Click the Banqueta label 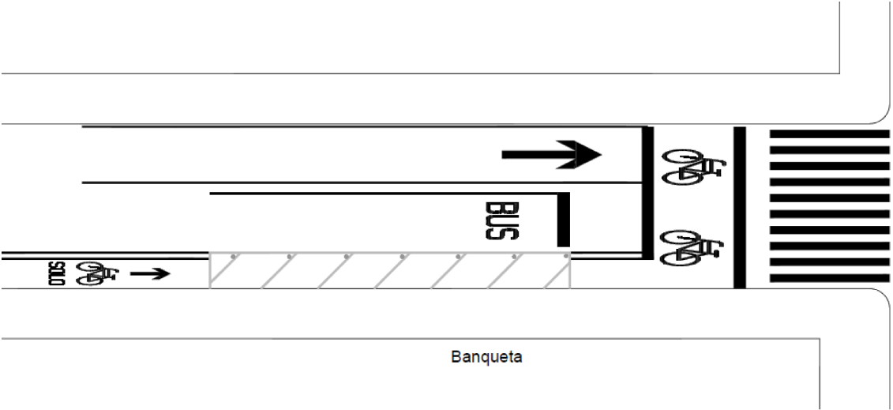pyautogui.click(x=486, y=357)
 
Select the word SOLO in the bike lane pyautogui.click(x=56, y=273)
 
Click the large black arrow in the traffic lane pyautogui.click(x=551, y=154)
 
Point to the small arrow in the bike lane pyautogui.click(x=150, y=274)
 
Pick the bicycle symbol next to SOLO pyautogui.click(x=97, y=273)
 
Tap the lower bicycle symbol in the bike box pyautogui.click(x=692, y=247)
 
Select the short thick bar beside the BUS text pyautogui.click(x=563, y=220)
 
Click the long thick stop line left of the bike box pyautogui.click(x=647, y=193)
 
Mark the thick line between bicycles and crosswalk pyautogui.click(x=739, y=207)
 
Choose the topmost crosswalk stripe pyautogui.click(x=829, y=134)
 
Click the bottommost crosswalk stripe pyautogui.click(x=829, y=278)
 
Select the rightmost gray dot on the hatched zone pyautogui.click(x=566, y=256)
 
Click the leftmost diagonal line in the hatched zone pyautogui.click(x=224, y=270)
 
